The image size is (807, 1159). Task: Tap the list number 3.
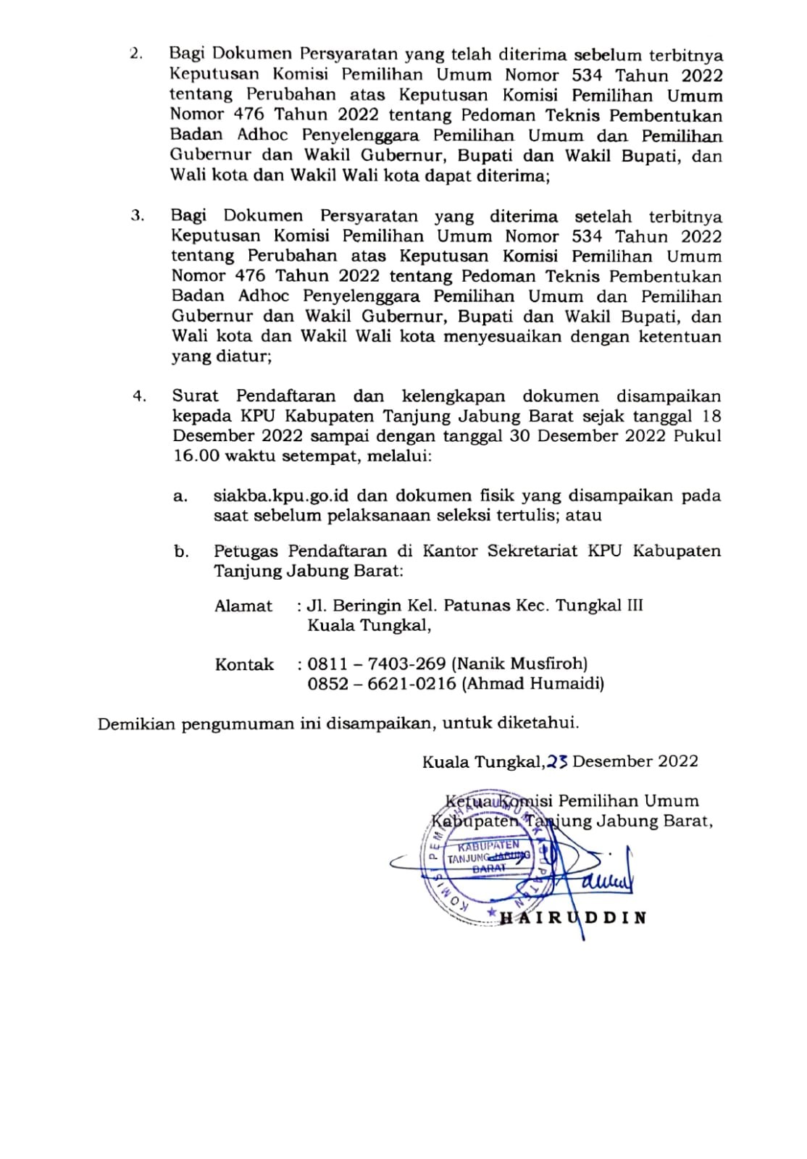137,216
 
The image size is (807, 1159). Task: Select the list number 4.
139,396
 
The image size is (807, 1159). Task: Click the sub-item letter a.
180,496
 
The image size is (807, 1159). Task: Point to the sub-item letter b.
181,551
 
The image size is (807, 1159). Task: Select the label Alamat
243,606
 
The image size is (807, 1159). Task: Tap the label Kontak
244,664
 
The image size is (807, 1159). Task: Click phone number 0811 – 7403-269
376,663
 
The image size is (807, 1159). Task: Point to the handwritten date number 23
557,761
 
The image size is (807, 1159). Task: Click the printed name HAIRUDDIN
572,918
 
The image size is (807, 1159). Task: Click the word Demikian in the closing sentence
136,723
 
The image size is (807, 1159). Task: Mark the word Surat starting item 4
195,396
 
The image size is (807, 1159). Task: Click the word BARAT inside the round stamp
489,868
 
